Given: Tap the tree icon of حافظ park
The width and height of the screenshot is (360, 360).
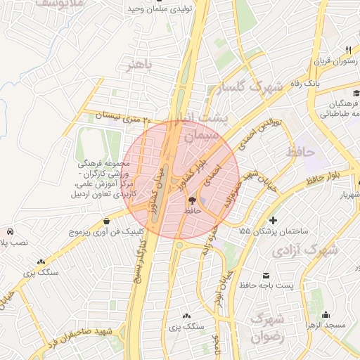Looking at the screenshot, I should click(193, 200).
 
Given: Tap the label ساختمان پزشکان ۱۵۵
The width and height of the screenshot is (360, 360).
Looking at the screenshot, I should click(278, 231).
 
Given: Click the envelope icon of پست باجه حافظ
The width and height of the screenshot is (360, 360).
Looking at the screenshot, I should click(266, 275).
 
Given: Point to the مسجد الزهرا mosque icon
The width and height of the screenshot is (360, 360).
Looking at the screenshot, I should click(326, 315).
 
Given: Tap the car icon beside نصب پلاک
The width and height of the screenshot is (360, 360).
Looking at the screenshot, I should click(10, 231).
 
